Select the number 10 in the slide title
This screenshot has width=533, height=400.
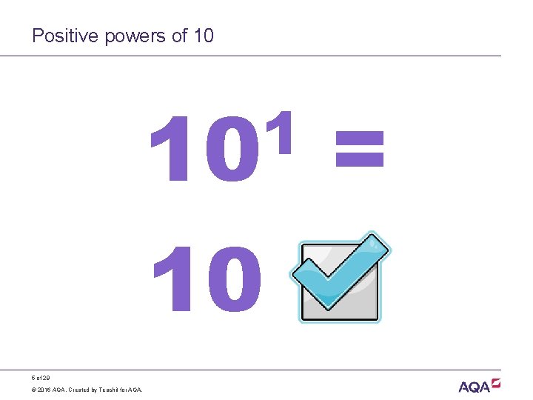coord(202,36)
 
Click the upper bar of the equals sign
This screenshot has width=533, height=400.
coord(360,136)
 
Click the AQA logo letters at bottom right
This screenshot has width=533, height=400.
coord(474,387)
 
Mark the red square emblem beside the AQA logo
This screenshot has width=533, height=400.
coord(496,383)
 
